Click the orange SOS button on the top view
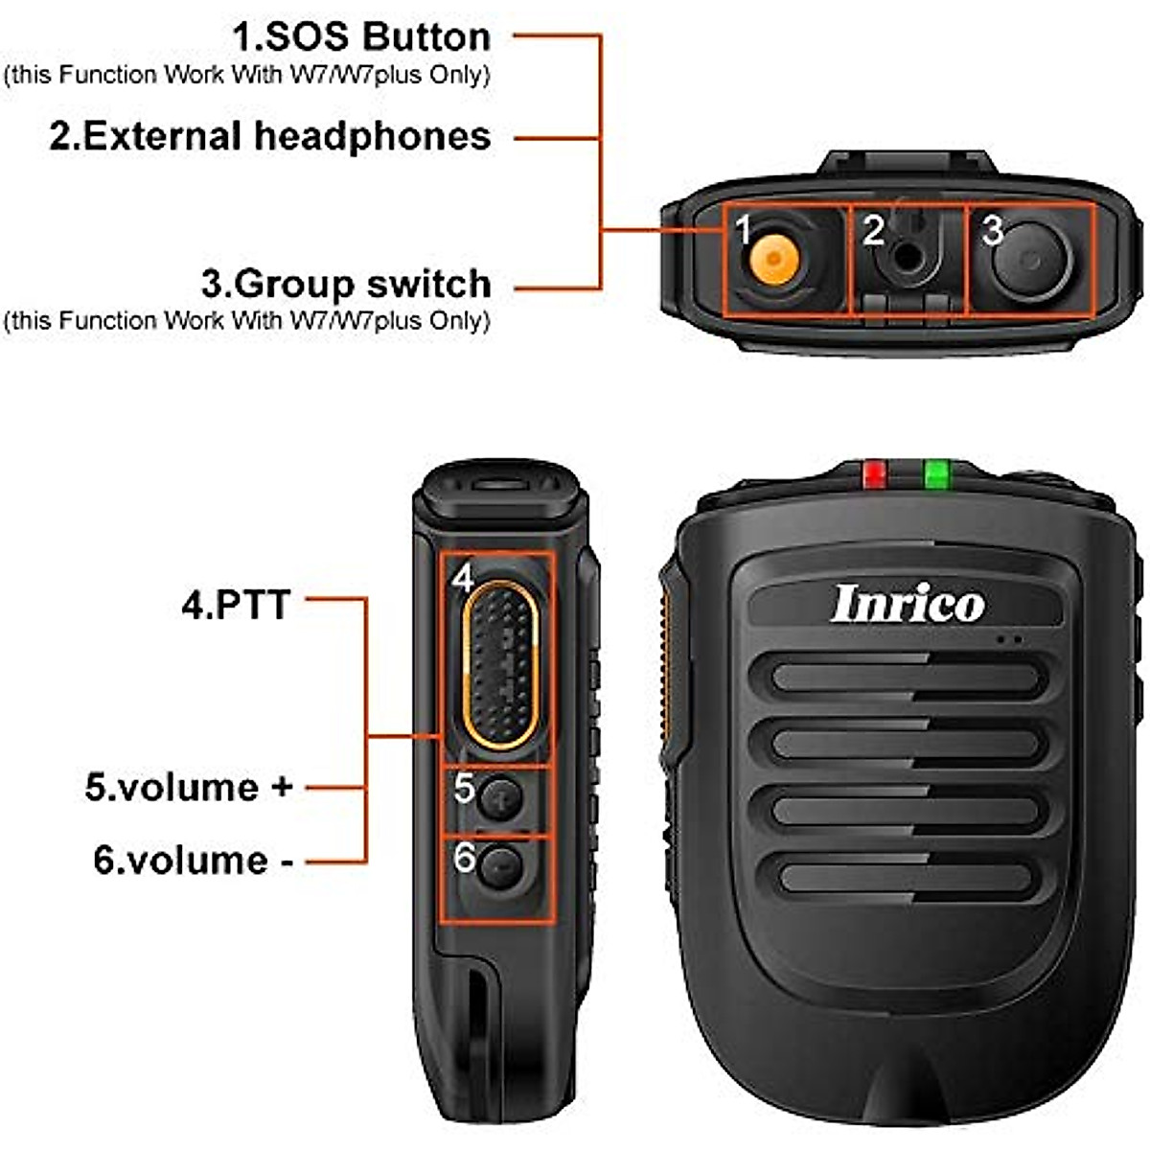pyautogui.click(x=772, y=260)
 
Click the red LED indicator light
pyautogui.click(x=875, y=473)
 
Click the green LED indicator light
pyautogui.click(x=935, y=473)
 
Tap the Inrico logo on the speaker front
pyautogui.click(x=907, y=604)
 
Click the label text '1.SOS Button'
pyautogui.click(x=361, y=37)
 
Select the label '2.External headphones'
pyautogui.click(x=270, y=136)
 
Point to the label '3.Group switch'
pyautogui.click(x=346, y=284)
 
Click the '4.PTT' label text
pyautogui.click(x=236, y=606)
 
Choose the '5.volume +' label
pyautogui.click(x=188, y=788)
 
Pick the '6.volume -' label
pyautogui.click(x=193, y=860)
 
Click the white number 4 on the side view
pyautogui.click(x=463, y=578)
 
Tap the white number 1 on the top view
pyautogui.click(x=743, y=229)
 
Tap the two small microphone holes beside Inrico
pyautogui.click(x=1008, y=638)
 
